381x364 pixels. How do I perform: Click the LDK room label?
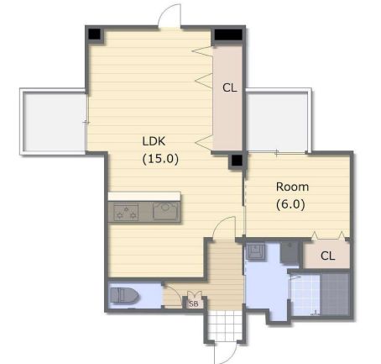tap(154, 141)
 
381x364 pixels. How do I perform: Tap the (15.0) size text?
tap(160, 159)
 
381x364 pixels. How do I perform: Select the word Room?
tap(292, 187)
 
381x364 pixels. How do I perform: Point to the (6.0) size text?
tap(290, 204)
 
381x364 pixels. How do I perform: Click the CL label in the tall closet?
tap(230, 88)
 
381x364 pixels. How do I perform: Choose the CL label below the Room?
tap(327, 256)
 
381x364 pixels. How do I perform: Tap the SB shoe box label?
tap(194, 303)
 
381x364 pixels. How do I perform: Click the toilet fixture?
tap(123, 296)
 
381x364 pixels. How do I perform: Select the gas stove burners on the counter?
tap(126, 212)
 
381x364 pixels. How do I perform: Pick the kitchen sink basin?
tap(165, 211)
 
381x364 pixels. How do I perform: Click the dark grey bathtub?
tap(335, 294)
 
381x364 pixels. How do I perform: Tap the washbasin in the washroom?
tap(255, 251)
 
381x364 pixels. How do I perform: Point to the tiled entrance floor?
tap(225, 326)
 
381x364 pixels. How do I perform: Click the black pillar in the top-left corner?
tap(95, 34)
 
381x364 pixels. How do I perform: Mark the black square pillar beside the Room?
tap(237, 161)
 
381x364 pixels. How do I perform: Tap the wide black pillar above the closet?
tap(228, 34)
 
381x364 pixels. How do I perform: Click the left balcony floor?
tap(54, 122)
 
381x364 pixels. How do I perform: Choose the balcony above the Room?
tap(277, 122)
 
